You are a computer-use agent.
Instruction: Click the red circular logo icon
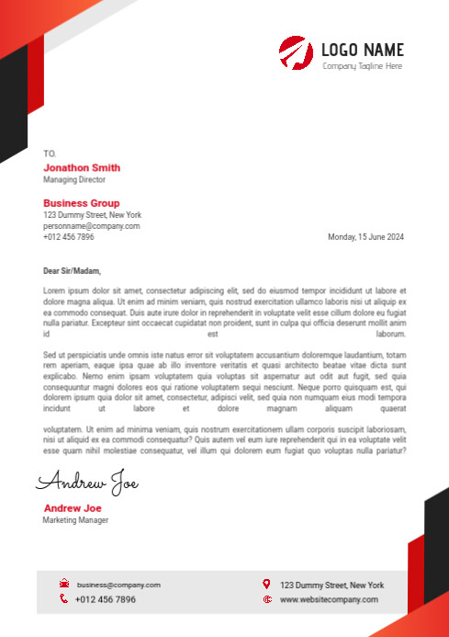[296, 52]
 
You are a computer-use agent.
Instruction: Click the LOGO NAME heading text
[363, 50]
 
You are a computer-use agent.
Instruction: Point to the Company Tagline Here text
[362, 66]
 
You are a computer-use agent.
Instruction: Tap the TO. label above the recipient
[50, 153]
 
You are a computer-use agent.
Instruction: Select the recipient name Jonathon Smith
[82, 167]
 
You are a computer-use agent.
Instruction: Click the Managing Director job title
[74, 180]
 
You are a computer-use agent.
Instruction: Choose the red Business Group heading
[81, 203]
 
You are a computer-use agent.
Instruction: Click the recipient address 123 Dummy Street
[92, 215]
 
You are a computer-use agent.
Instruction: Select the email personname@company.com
[92, 226]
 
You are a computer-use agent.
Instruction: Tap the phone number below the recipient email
[68, 237]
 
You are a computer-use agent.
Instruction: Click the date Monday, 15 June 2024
[365, 237]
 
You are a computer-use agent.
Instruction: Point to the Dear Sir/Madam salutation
[72, 271]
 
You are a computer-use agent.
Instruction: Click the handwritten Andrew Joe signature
[87, 482]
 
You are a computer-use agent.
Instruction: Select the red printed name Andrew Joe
[73, 508]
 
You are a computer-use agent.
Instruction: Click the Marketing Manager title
[75, 520]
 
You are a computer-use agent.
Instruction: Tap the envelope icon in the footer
[64, 584]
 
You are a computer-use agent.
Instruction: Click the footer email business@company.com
[118, 585]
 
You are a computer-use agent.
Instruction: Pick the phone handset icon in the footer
[64, 599]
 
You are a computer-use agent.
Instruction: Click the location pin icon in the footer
[266, 584]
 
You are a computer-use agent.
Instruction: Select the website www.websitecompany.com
[329, 599]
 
